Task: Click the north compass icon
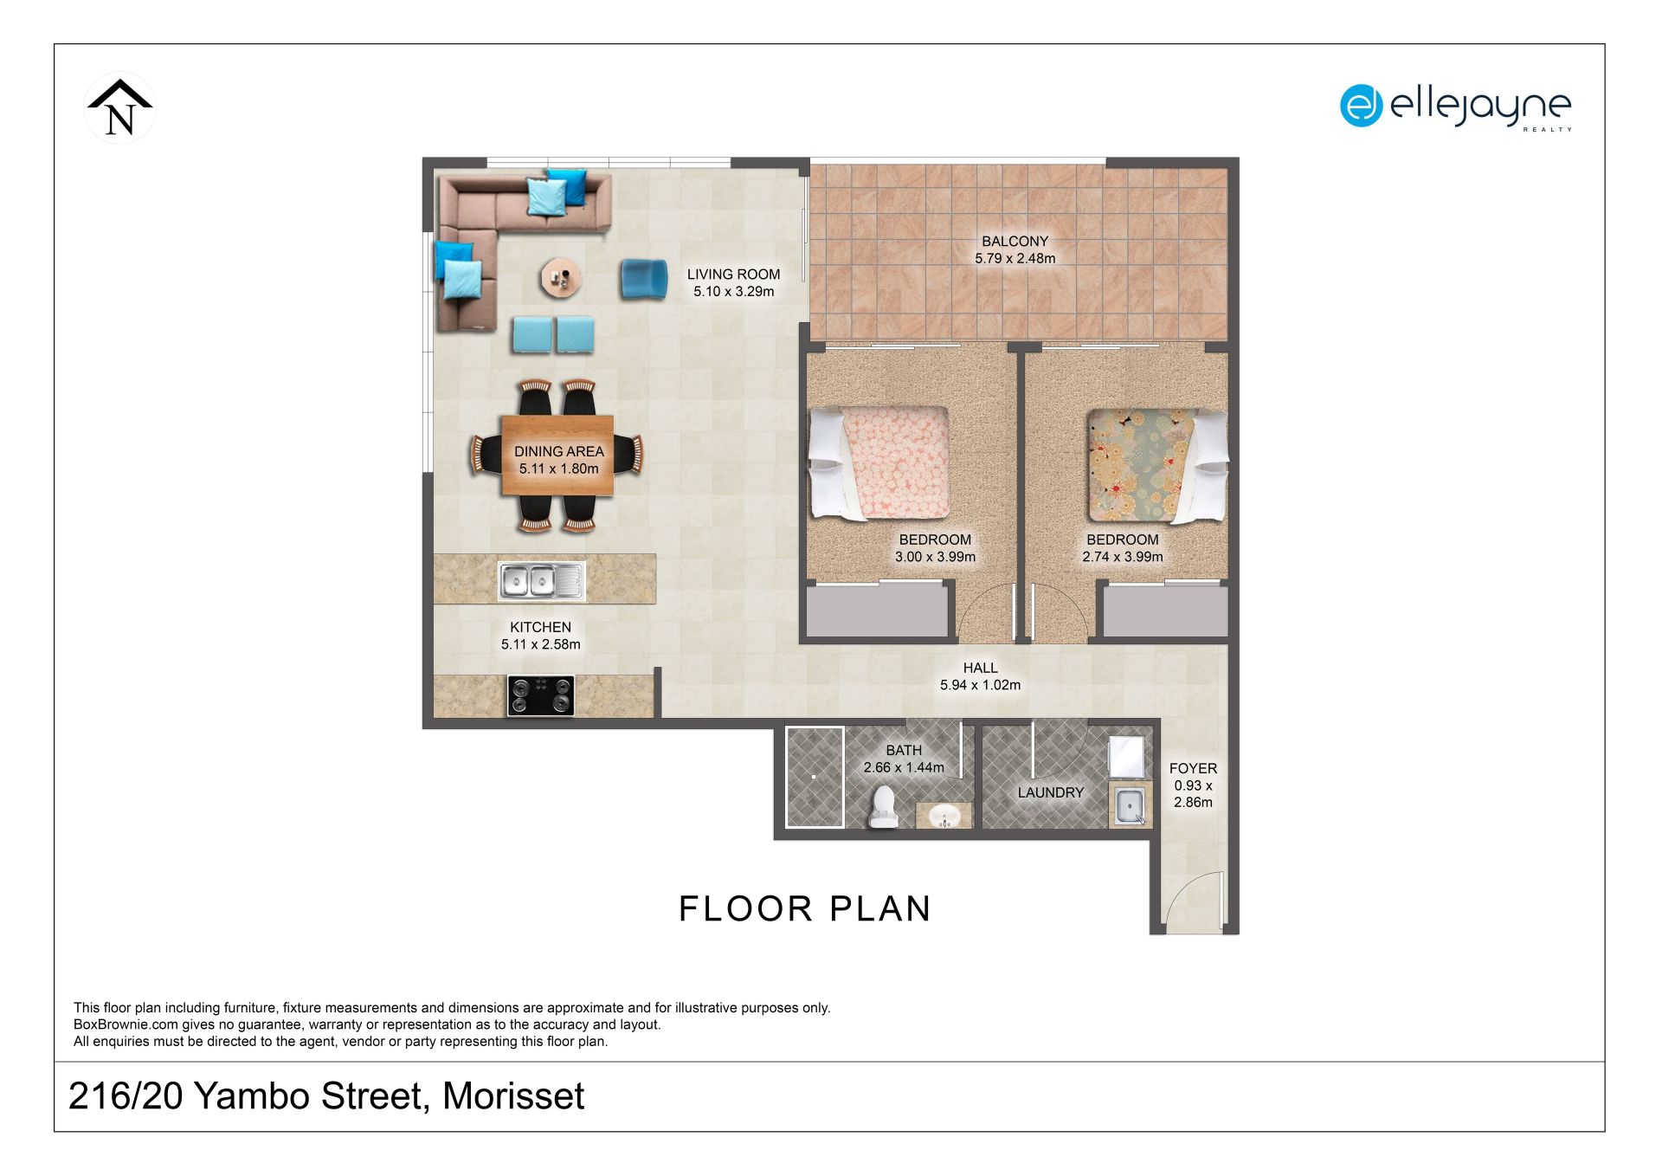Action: coord(120,108)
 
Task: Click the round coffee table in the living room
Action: coord(561,278)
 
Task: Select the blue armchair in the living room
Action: coord(643,280)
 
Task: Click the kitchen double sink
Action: coord(541,580)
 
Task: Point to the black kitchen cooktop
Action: coord(541,695)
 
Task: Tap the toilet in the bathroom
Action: coord(883,806)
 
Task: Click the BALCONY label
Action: coord(1015,242)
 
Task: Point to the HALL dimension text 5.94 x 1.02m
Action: coord(980,685)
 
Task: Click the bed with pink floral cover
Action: coord(879,463)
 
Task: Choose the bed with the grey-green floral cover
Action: coord(1157,465)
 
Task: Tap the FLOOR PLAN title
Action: coord(805,908)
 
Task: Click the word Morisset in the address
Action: coord(513,1096)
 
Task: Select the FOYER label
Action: coord(1193,769)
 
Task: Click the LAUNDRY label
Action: coord(1050,792)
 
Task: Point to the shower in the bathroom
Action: coord(815,777)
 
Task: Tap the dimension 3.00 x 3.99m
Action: coord(935,557)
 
